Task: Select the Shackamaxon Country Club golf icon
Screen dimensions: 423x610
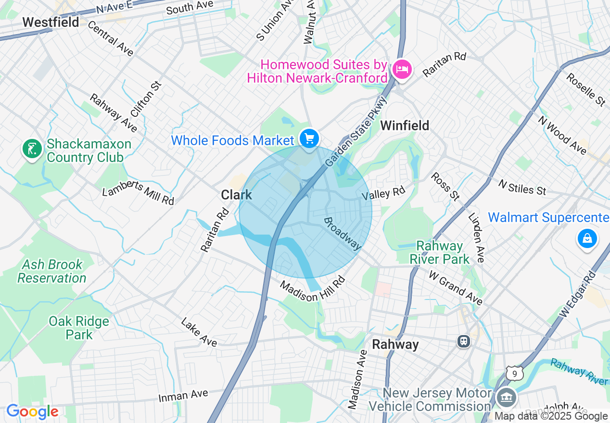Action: coord(32,149)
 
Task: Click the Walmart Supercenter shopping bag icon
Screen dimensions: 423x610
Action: coord(587,238)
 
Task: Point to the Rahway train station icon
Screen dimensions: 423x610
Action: coord(463,341)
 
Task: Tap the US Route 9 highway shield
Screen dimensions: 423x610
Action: coord(514,373)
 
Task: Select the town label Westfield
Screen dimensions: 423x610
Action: coord(51,22)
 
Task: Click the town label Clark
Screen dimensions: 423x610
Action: coord(236,194)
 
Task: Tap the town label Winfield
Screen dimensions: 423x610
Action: coord(405,125)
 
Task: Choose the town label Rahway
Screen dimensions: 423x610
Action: coord(395,344)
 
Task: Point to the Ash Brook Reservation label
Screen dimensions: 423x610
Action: coord(52,271)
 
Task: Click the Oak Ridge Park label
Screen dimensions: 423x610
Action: coord(79,327)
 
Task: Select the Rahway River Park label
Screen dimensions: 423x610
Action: coord(439,252)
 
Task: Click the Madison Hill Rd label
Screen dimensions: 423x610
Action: coord(313,288)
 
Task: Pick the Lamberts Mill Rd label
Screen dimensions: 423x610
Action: coord(138,192)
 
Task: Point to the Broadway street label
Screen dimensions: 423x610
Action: coord(342,233)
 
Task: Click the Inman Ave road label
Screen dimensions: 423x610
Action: coord(183,396)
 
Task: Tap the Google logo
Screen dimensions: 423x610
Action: coord(32,412)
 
